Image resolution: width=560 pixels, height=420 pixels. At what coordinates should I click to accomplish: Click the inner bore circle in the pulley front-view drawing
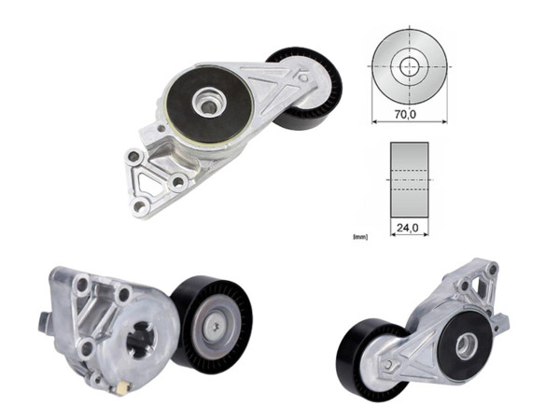tap(410, 66)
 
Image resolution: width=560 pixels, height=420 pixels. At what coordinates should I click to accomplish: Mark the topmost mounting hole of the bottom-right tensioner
tap(493, 268)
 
